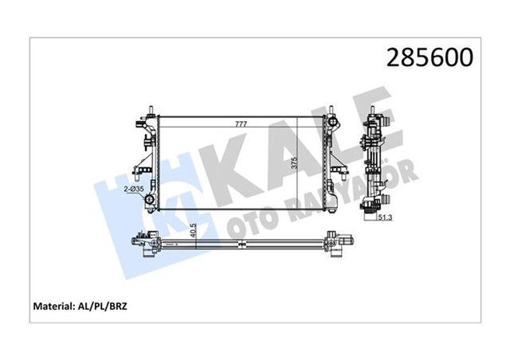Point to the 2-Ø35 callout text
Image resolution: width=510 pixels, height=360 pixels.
click(133, 190)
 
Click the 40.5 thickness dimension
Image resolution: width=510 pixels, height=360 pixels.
click(195, 228)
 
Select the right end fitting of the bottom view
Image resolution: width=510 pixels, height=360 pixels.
click(339, 241)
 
